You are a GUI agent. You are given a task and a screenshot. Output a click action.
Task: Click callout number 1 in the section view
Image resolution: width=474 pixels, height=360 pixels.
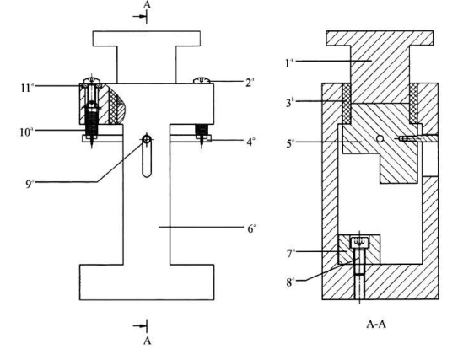[x=288, y=63]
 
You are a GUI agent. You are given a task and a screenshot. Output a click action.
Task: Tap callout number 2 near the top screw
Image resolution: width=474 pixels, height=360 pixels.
[x=249, y=83]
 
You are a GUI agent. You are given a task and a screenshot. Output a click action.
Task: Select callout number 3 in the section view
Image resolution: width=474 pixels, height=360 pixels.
[x=288, y=103]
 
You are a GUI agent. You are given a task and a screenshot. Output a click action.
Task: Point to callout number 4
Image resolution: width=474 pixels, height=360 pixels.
[x=249, y=142]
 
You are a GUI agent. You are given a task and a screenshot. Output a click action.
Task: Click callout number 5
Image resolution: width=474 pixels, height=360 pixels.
[x=289, y=143]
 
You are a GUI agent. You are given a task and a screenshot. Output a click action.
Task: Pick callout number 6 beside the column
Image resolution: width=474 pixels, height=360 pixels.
[x=250, y=228]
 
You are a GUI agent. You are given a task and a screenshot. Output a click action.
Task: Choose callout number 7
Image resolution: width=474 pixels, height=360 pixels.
[x=289, y=253]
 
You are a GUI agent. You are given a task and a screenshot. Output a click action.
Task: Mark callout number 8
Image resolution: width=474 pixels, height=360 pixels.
[x=289, y=282]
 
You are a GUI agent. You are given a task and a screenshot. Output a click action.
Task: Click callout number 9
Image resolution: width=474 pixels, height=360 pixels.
[x=29, y=184]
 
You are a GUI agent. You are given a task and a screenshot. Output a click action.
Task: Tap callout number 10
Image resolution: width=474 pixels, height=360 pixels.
[x=24, y=132]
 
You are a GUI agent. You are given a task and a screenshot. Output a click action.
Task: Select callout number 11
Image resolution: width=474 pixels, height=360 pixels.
[x=25, y=88]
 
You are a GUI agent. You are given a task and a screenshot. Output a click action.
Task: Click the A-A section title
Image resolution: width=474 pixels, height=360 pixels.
[x=376, y=325]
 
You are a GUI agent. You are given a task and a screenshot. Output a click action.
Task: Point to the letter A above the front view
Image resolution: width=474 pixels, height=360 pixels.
[x=147, y=5]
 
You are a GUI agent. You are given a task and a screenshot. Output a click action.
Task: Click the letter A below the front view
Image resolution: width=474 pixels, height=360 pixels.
[x=147, y=341]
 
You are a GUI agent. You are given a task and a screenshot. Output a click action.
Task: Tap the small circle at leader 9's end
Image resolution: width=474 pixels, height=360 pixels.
[x=147, y=139]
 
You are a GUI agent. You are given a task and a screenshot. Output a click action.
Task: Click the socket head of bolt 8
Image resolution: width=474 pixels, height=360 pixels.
[x=359, y=241]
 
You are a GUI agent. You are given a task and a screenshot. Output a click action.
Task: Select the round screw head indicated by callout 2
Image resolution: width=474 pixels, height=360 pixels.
[x=202, y=80]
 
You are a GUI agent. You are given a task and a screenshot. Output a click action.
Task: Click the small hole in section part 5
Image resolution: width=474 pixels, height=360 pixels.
[x=380, y=138]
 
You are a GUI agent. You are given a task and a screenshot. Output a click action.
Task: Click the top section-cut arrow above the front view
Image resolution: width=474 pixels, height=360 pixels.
[x=140, y=17]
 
